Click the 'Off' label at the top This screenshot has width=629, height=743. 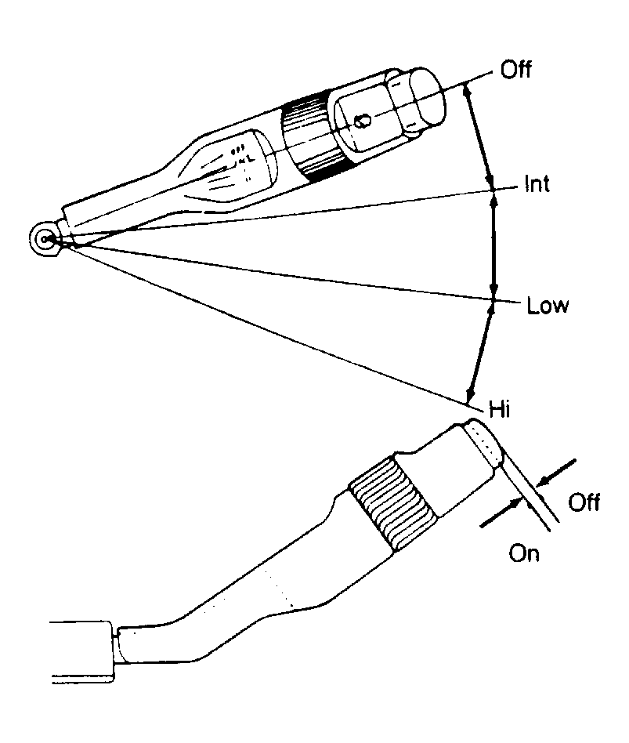[x=515, y=69]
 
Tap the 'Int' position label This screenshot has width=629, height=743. [x=537, y=183]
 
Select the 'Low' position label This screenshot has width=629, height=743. [x=548, y=305]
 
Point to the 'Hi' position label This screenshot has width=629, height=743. [x=500, y=409]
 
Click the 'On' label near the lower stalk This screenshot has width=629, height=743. [x=524, y=553]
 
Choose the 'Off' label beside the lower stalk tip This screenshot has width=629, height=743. [x=584, y=502]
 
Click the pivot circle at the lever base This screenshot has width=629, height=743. [x=45, y=239]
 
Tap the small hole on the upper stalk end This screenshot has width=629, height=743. [x=363, y=121]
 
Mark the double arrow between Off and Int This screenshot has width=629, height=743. [x=479, y=136]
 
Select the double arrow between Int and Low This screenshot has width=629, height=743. [x=494, y=245]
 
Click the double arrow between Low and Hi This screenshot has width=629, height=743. [x=481, y=352]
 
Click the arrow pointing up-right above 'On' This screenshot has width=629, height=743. [x=501, y=513]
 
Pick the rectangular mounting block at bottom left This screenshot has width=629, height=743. [x=82, y=651]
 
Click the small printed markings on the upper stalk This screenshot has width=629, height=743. [x=241, y=162]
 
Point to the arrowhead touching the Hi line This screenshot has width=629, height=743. [x=470, y=395]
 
